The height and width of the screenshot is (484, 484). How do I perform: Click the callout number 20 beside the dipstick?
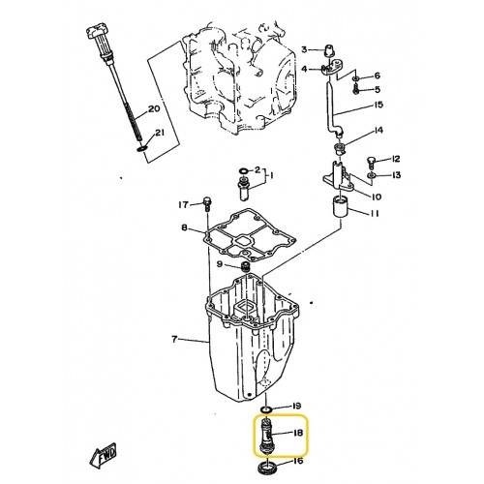click(x=154, y=109)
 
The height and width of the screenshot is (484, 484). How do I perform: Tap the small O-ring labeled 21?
click(x=142, y=149)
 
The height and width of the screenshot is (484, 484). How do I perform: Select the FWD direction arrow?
click(x=103, y=454)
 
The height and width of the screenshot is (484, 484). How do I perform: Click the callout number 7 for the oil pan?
click(x=174, y=339)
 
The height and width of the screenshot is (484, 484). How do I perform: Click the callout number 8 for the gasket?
click(x=184, y=227)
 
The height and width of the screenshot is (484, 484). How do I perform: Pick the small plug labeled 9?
click(x=246, y=267)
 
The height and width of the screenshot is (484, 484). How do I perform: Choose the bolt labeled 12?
click(x=371, y=162)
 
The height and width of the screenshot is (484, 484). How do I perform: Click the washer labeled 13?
click(x=371, y=175)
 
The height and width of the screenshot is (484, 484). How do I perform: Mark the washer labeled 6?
click(x=355, y=78)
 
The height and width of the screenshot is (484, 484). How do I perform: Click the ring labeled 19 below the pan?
click(x=266, y=409)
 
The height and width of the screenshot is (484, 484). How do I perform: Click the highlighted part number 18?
click(x=297, y=433)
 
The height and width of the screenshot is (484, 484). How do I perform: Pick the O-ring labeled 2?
click(x=244, y=170)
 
